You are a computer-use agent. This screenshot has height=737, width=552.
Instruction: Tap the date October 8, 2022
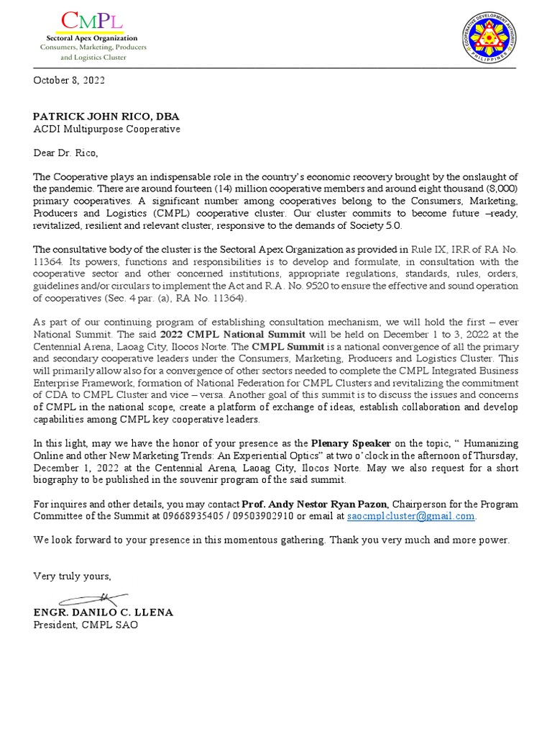tap(69, 81)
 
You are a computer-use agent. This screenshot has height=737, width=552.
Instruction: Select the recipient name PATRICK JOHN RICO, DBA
tap(106, 117)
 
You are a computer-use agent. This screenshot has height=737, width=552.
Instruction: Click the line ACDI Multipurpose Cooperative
tap(106, 129)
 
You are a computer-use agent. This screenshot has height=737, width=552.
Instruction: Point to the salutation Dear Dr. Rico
tap(65, 153)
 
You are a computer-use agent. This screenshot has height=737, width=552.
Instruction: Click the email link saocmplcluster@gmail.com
tap(410, 516)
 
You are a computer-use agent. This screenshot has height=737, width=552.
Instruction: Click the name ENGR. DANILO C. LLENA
tap(103, 612)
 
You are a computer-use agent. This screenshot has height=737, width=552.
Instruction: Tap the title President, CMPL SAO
tap(86, 625)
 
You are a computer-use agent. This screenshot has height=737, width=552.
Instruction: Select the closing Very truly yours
tap(72, 577)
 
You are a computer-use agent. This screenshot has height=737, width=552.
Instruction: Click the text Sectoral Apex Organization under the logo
tap(91, 37)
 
